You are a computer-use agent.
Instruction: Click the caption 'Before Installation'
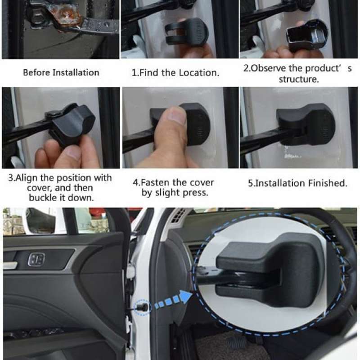[x=61, y=72]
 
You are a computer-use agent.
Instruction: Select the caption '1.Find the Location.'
[x=175, y=72]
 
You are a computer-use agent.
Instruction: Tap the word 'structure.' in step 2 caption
[x=298, y=80]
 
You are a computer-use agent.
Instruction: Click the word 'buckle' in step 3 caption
[x=43, y=198]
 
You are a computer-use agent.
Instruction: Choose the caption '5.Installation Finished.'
[x=298, y=183]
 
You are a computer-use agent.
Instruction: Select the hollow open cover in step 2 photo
[x=306, y=34]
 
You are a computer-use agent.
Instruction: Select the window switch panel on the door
[x=36, y=259]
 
